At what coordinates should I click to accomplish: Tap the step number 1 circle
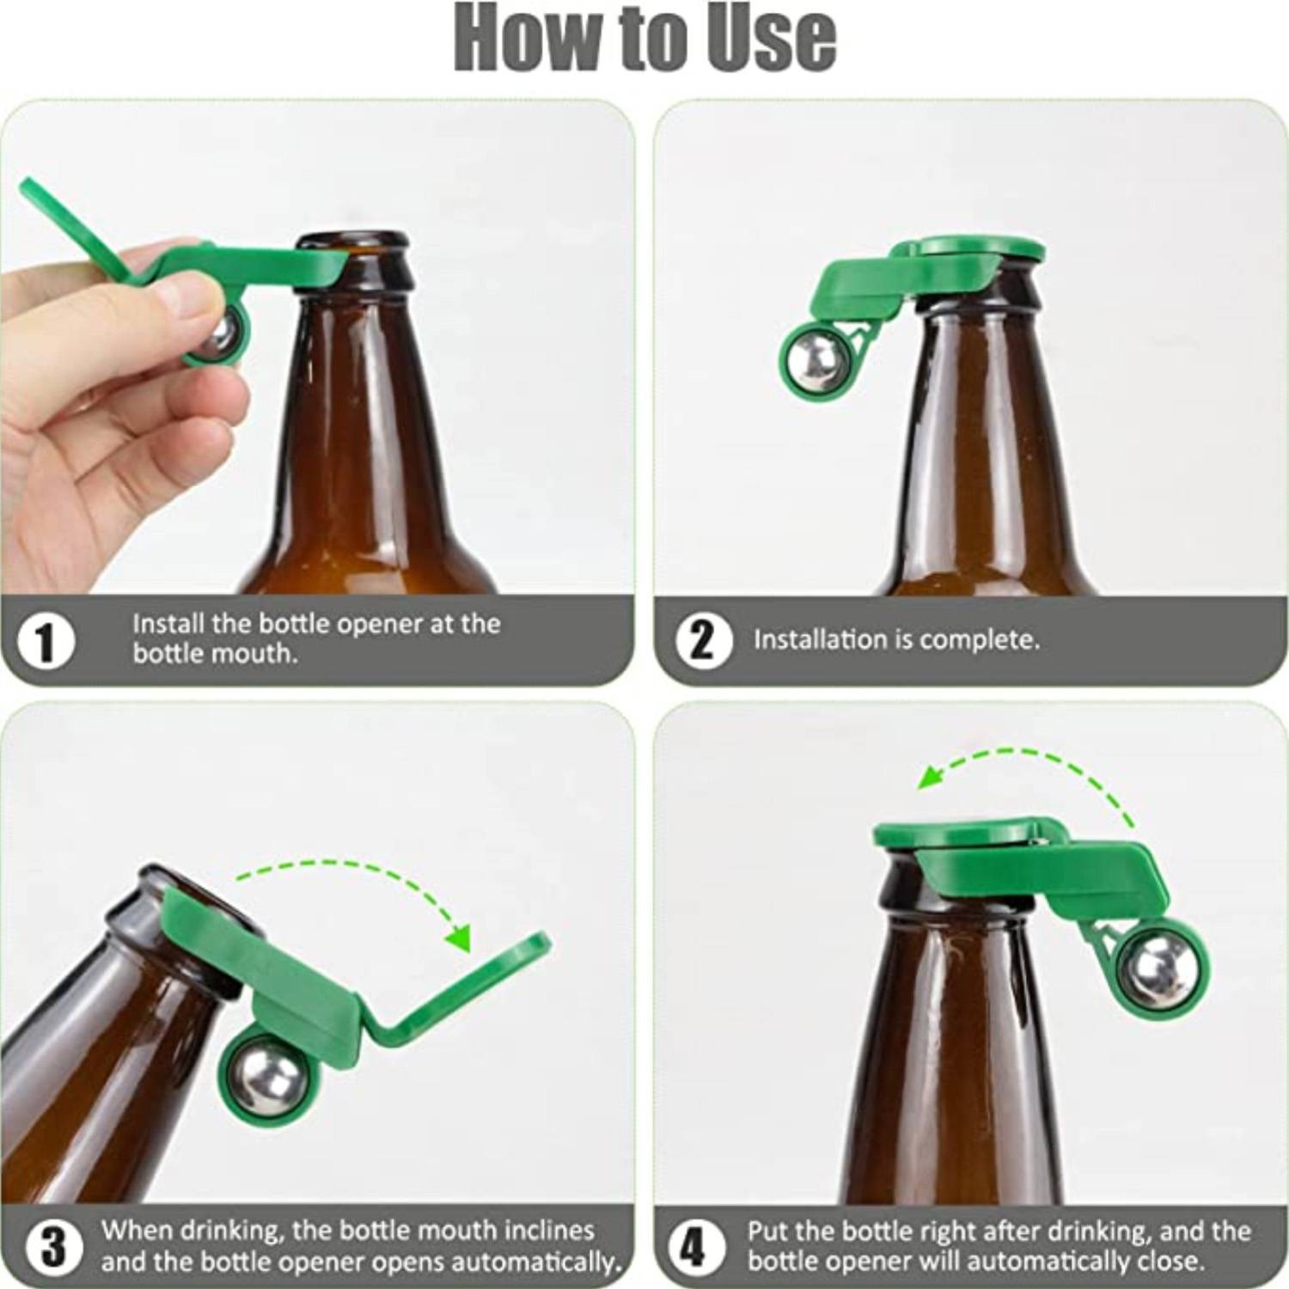point(46,641)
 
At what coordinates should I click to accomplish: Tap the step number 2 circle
point(703,641)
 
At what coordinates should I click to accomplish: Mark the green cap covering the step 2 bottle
point(980,249)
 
